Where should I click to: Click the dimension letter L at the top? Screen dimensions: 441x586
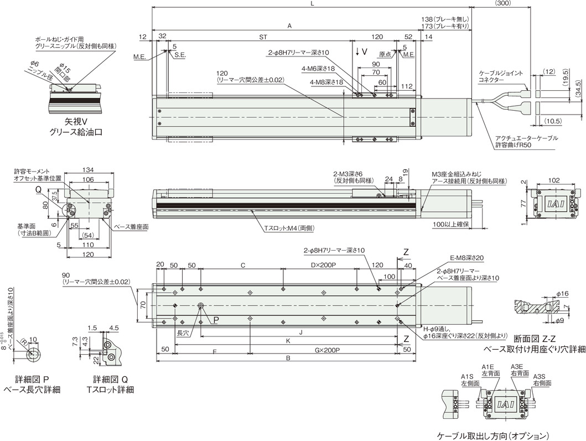point(312,4)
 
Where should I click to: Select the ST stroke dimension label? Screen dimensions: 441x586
point(262,37)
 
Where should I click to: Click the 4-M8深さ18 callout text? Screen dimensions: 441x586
point(326,81)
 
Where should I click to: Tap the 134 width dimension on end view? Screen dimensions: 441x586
point(88,170)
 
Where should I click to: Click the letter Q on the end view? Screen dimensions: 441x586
point(39,188)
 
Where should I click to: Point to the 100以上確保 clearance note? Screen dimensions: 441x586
point(451,225)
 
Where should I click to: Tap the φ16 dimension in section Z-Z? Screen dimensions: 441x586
point(562,293)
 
